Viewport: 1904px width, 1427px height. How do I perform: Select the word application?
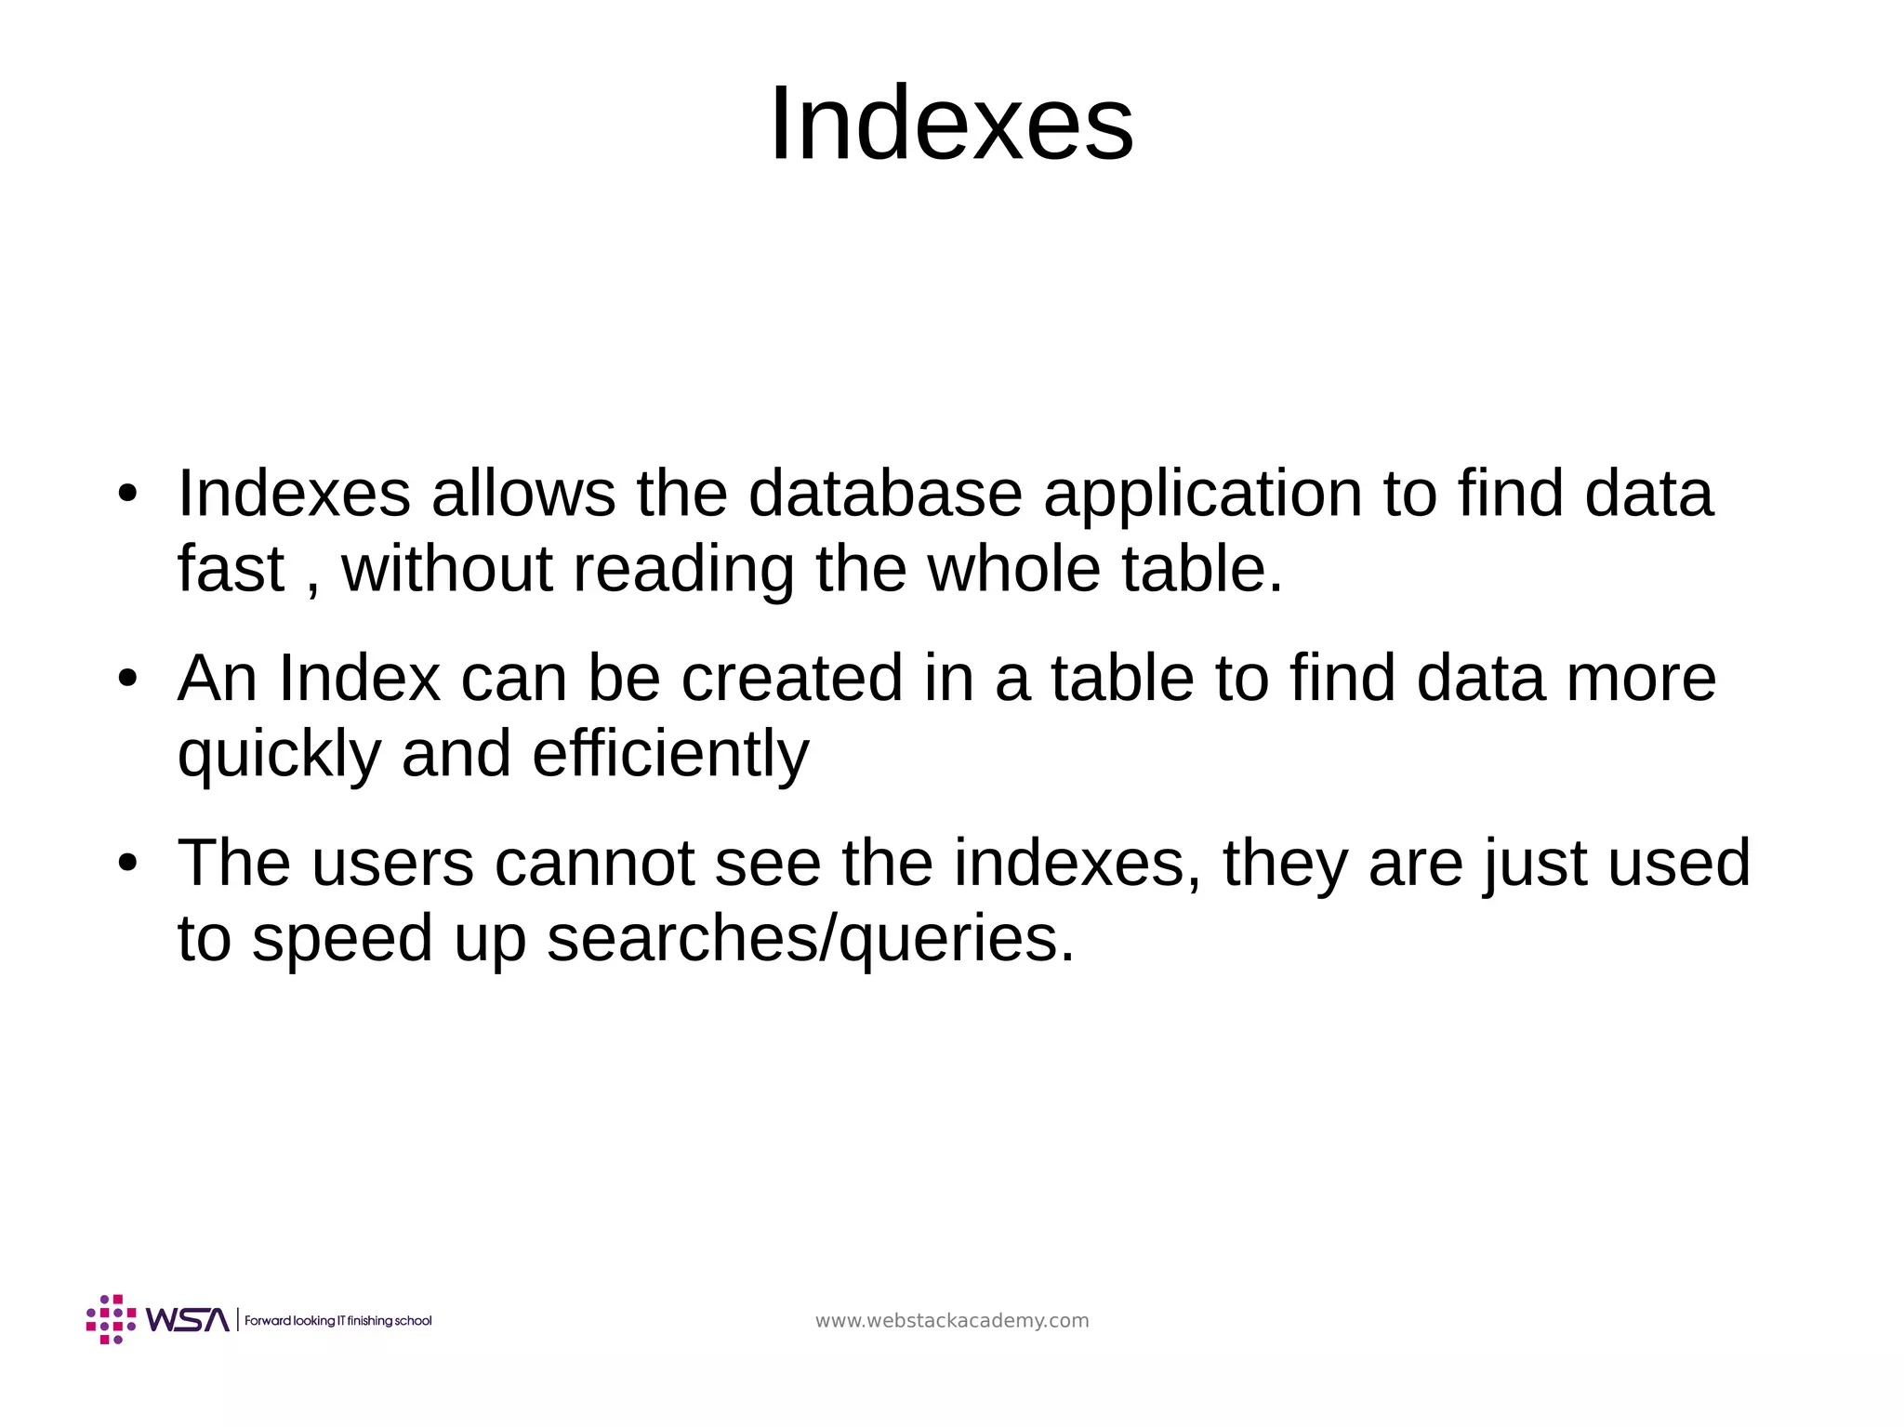click(1202, 495)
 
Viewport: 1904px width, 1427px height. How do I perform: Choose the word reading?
click(683, 570)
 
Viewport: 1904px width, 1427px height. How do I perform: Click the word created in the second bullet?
click(791, 678)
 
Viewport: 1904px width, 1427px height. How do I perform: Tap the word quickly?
click(279, 754)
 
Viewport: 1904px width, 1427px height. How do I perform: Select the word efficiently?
click(670, 754)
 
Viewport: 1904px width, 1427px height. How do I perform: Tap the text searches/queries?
click(810, 939)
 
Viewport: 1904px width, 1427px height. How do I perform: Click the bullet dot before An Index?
click(127, 679)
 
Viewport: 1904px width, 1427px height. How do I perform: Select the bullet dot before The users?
click(127, 864)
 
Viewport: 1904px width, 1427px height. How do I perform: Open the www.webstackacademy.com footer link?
click(951, 1321)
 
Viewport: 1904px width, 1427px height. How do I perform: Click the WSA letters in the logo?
click(187, 1320)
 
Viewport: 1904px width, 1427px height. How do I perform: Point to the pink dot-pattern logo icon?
click(111, 1319)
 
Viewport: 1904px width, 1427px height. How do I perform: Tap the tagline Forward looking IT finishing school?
click(338, 1321)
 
